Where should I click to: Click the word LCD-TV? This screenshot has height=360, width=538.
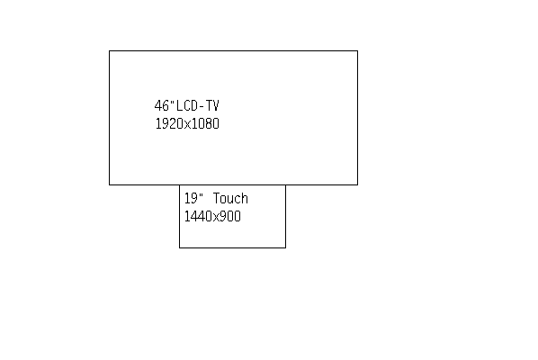tap(198, 105)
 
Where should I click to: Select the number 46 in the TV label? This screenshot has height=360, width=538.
tap(162, 105)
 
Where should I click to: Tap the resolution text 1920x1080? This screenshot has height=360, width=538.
tap(187, 124)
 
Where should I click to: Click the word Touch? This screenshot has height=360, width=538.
tap(230, 199)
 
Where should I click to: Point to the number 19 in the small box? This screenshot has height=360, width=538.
tap(191, 199)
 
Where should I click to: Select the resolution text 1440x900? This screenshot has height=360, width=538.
tap(212, 217)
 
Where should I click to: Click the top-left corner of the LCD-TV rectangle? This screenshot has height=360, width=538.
tap(110, 50)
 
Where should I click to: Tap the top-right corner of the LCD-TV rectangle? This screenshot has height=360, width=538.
tap(357, 50)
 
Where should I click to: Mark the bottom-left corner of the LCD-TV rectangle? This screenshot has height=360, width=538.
tap(110, 184)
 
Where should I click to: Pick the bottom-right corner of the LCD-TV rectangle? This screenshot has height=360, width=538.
tap(357, 184)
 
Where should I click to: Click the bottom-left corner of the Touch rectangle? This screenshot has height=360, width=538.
tap(179, 247)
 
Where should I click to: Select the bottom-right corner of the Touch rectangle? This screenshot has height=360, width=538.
tap(285, 247)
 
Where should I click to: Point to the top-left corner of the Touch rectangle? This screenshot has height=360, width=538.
tap(179, 185)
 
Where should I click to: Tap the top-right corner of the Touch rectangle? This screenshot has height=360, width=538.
tap(285, 185)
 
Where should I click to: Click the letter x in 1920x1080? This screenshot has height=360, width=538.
tap(187, 125)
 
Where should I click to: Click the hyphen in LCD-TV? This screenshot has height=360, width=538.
tap(202, 107)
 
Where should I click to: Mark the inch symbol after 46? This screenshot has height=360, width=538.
tap(172, 102)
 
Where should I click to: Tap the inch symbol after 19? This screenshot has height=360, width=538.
tap(201, 194)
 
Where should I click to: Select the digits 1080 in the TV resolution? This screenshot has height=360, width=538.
tap(205, 124)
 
